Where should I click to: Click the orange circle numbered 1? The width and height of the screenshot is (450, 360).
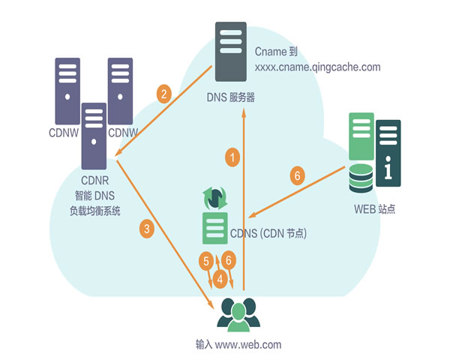[x=233, y=157]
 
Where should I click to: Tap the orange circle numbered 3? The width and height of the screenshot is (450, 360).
[x=148, y=229]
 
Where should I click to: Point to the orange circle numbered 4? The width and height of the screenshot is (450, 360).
[x=220, y=279]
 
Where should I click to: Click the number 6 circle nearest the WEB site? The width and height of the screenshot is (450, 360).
[x=298, y=176]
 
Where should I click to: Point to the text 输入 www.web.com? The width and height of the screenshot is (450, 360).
[x=238, y=344]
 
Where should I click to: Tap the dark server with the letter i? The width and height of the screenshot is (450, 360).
[x=388, y=151]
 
